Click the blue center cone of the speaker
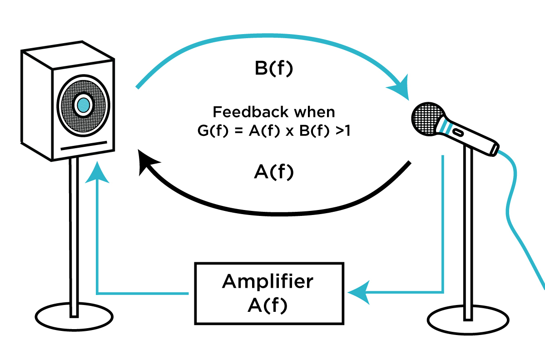[x=83, y=105]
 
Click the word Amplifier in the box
[x=268, y=282]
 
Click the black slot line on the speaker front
[x=84, y=146]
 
